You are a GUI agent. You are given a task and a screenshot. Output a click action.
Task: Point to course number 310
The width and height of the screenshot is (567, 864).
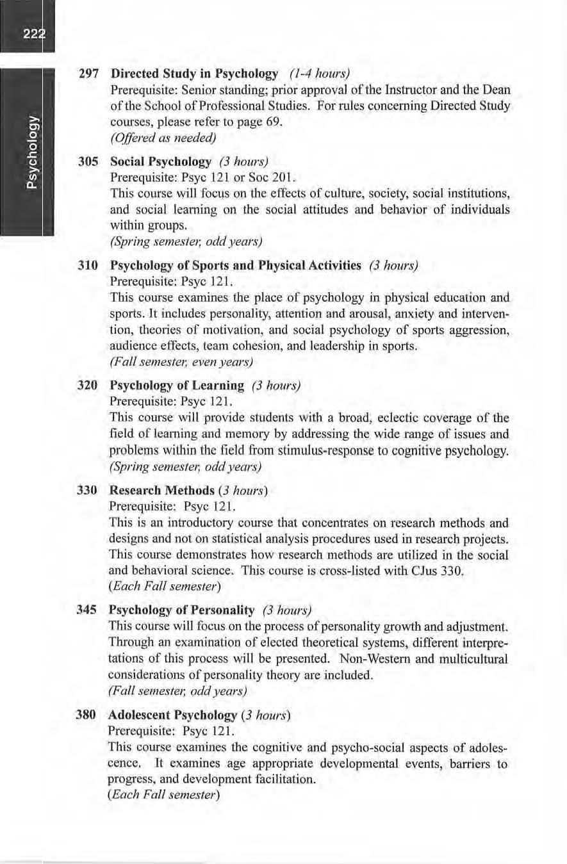[88, 266]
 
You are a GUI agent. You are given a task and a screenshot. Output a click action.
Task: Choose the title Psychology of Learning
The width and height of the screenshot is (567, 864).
[177, 386]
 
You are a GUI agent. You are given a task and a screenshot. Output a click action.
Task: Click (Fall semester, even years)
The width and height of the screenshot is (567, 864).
[183, 363]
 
